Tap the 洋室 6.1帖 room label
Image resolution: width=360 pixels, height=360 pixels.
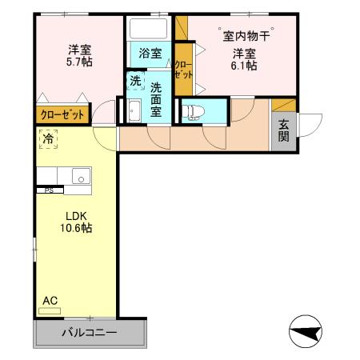point(245,59)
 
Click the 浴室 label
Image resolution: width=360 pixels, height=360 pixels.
point(150,54)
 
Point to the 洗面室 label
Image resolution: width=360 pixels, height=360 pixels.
point(156,99)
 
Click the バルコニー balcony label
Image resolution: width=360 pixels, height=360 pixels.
point(90,332)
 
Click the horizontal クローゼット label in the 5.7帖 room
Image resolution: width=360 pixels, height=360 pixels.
point(62,114)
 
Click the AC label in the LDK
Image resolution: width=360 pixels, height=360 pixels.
point(50,300)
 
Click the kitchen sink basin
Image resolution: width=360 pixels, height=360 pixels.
point(80,176)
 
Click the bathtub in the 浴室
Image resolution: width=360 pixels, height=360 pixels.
point(147,30)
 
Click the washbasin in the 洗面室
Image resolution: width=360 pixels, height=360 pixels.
point(133,111)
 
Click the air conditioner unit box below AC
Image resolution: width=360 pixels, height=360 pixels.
point(50,312)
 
